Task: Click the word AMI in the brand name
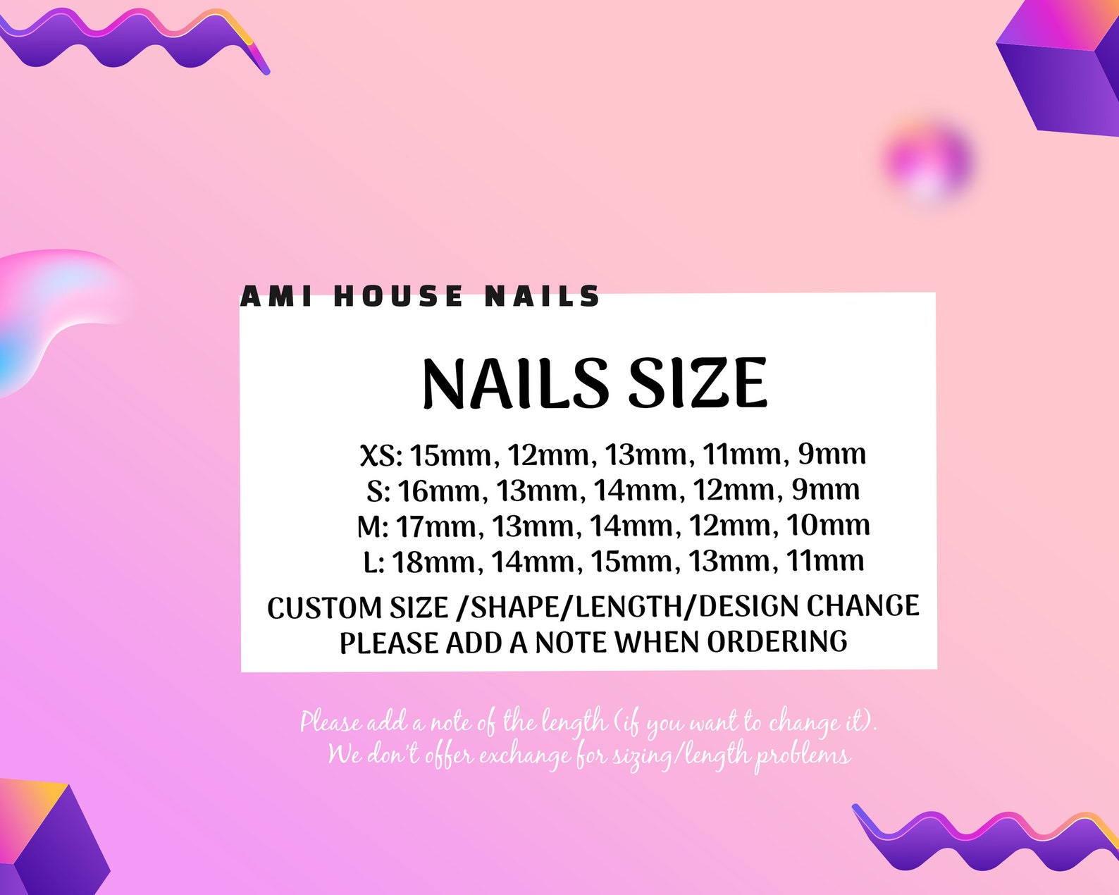276,297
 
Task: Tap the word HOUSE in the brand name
398,297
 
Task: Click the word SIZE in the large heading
697,383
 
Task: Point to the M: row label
372,526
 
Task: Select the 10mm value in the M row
828,525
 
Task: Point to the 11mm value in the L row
825,561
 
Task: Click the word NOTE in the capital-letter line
571,643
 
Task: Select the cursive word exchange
525,756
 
